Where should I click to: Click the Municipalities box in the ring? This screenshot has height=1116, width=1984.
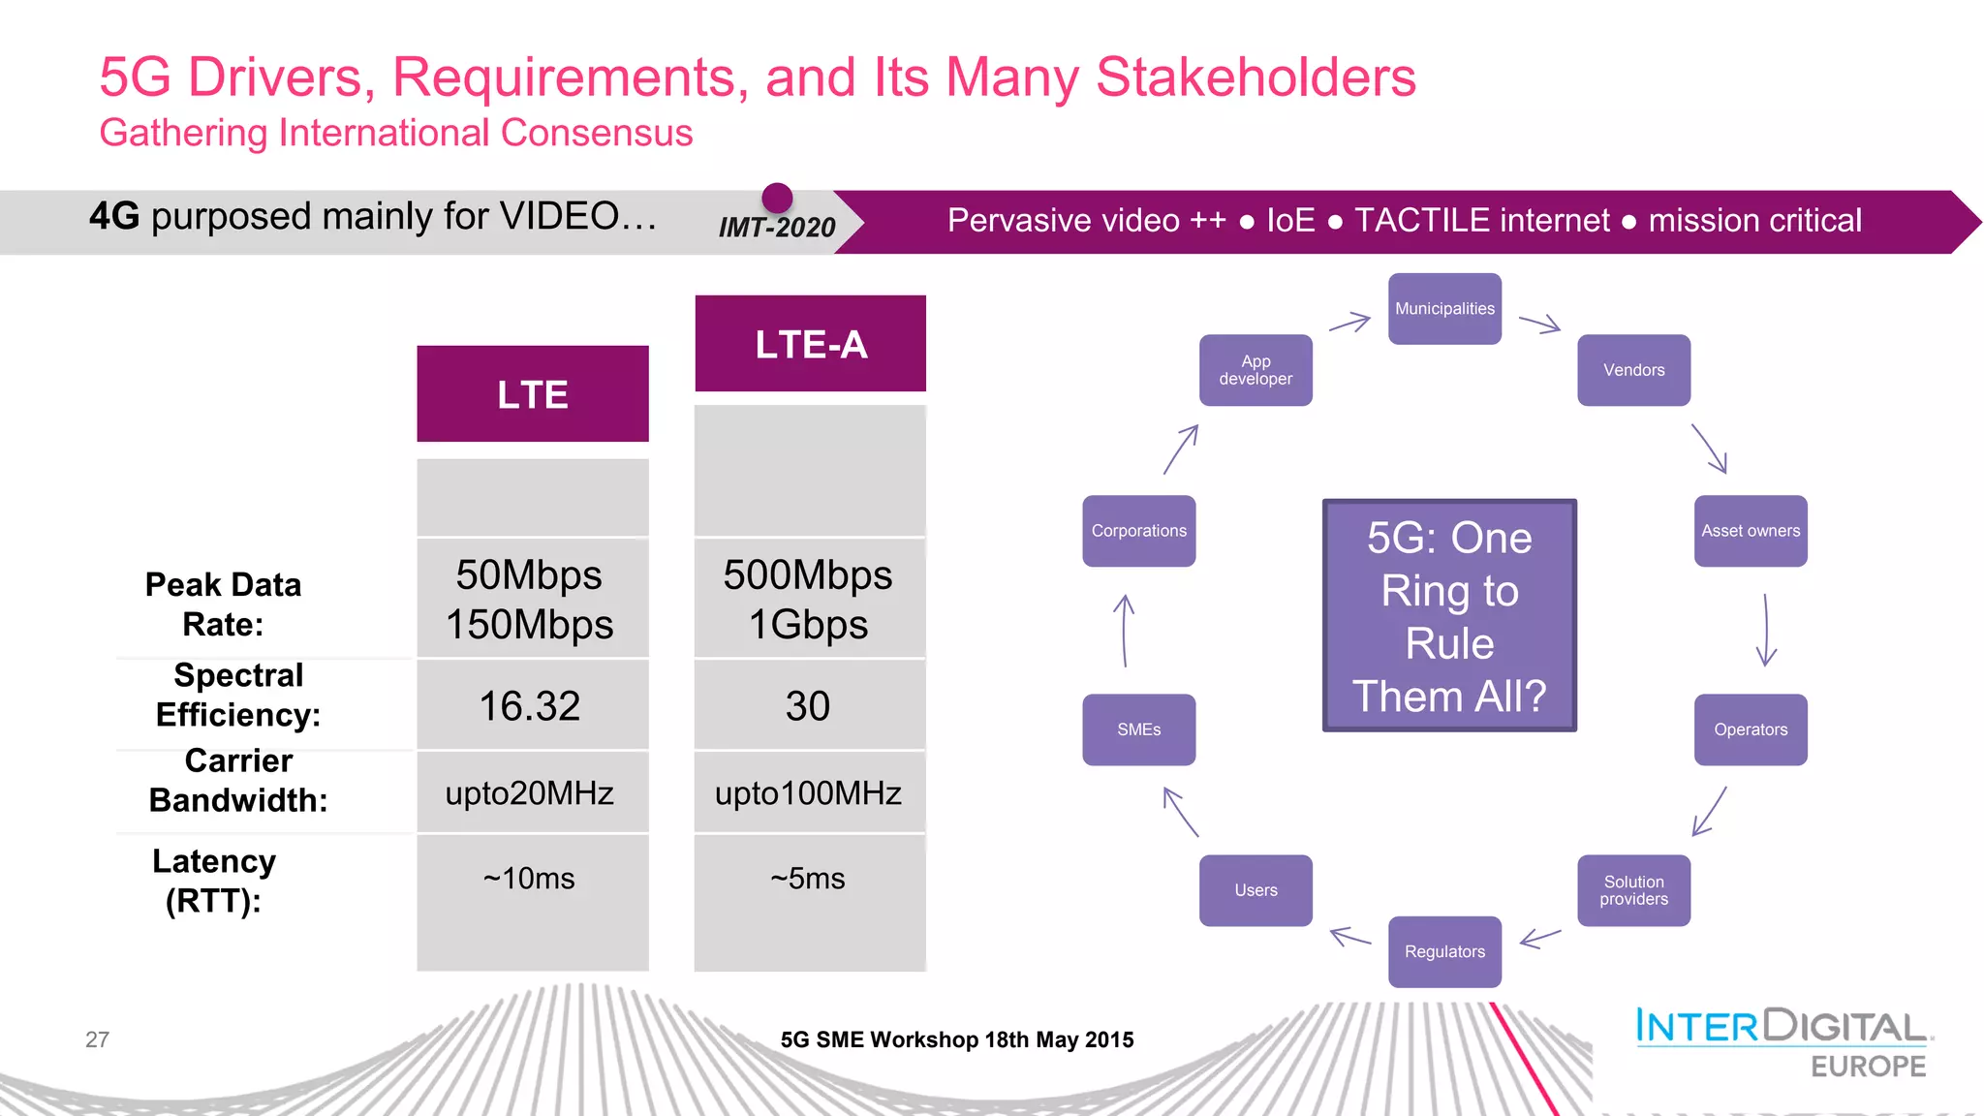pos(1444,309)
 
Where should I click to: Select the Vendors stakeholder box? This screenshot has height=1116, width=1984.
pos(1633,370)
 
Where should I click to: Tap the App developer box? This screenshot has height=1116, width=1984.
pos(1255,370)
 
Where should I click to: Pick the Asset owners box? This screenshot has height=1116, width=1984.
pos(1751,531)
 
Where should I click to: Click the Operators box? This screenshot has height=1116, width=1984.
pos(1751,729)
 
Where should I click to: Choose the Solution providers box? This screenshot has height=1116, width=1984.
pos(1633,890)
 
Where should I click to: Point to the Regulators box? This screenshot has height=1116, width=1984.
pos(1444,951)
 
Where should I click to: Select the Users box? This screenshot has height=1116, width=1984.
pos(1255,890)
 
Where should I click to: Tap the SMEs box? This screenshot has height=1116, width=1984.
pos(1138,729)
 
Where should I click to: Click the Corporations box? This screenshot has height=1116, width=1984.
pos(1138,531)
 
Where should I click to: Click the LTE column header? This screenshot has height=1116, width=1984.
pos(533,394)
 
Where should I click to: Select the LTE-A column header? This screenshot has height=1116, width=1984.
pos(811,344)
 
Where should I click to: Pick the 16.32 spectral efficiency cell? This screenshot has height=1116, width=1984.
pos(530,706)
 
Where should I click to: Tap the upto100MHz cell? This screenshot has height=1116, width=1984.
pos(808,793)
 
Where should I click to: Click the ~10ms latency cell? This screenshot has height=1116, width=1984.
pos(530,879)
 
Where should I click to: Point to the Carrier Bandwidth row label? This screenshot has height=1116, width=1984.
pos(238,781)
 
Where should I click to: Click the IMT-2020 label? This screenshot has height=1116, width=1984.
pos(776,228)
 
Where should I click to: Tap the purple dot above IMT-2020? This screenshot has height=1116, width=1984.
pos(777,198)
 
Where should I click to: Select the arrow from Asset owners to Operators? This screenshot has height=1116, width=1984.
pos(1766,630)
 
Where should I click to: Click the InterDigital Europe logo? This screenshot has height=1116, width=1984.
pos(1782,1042)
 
